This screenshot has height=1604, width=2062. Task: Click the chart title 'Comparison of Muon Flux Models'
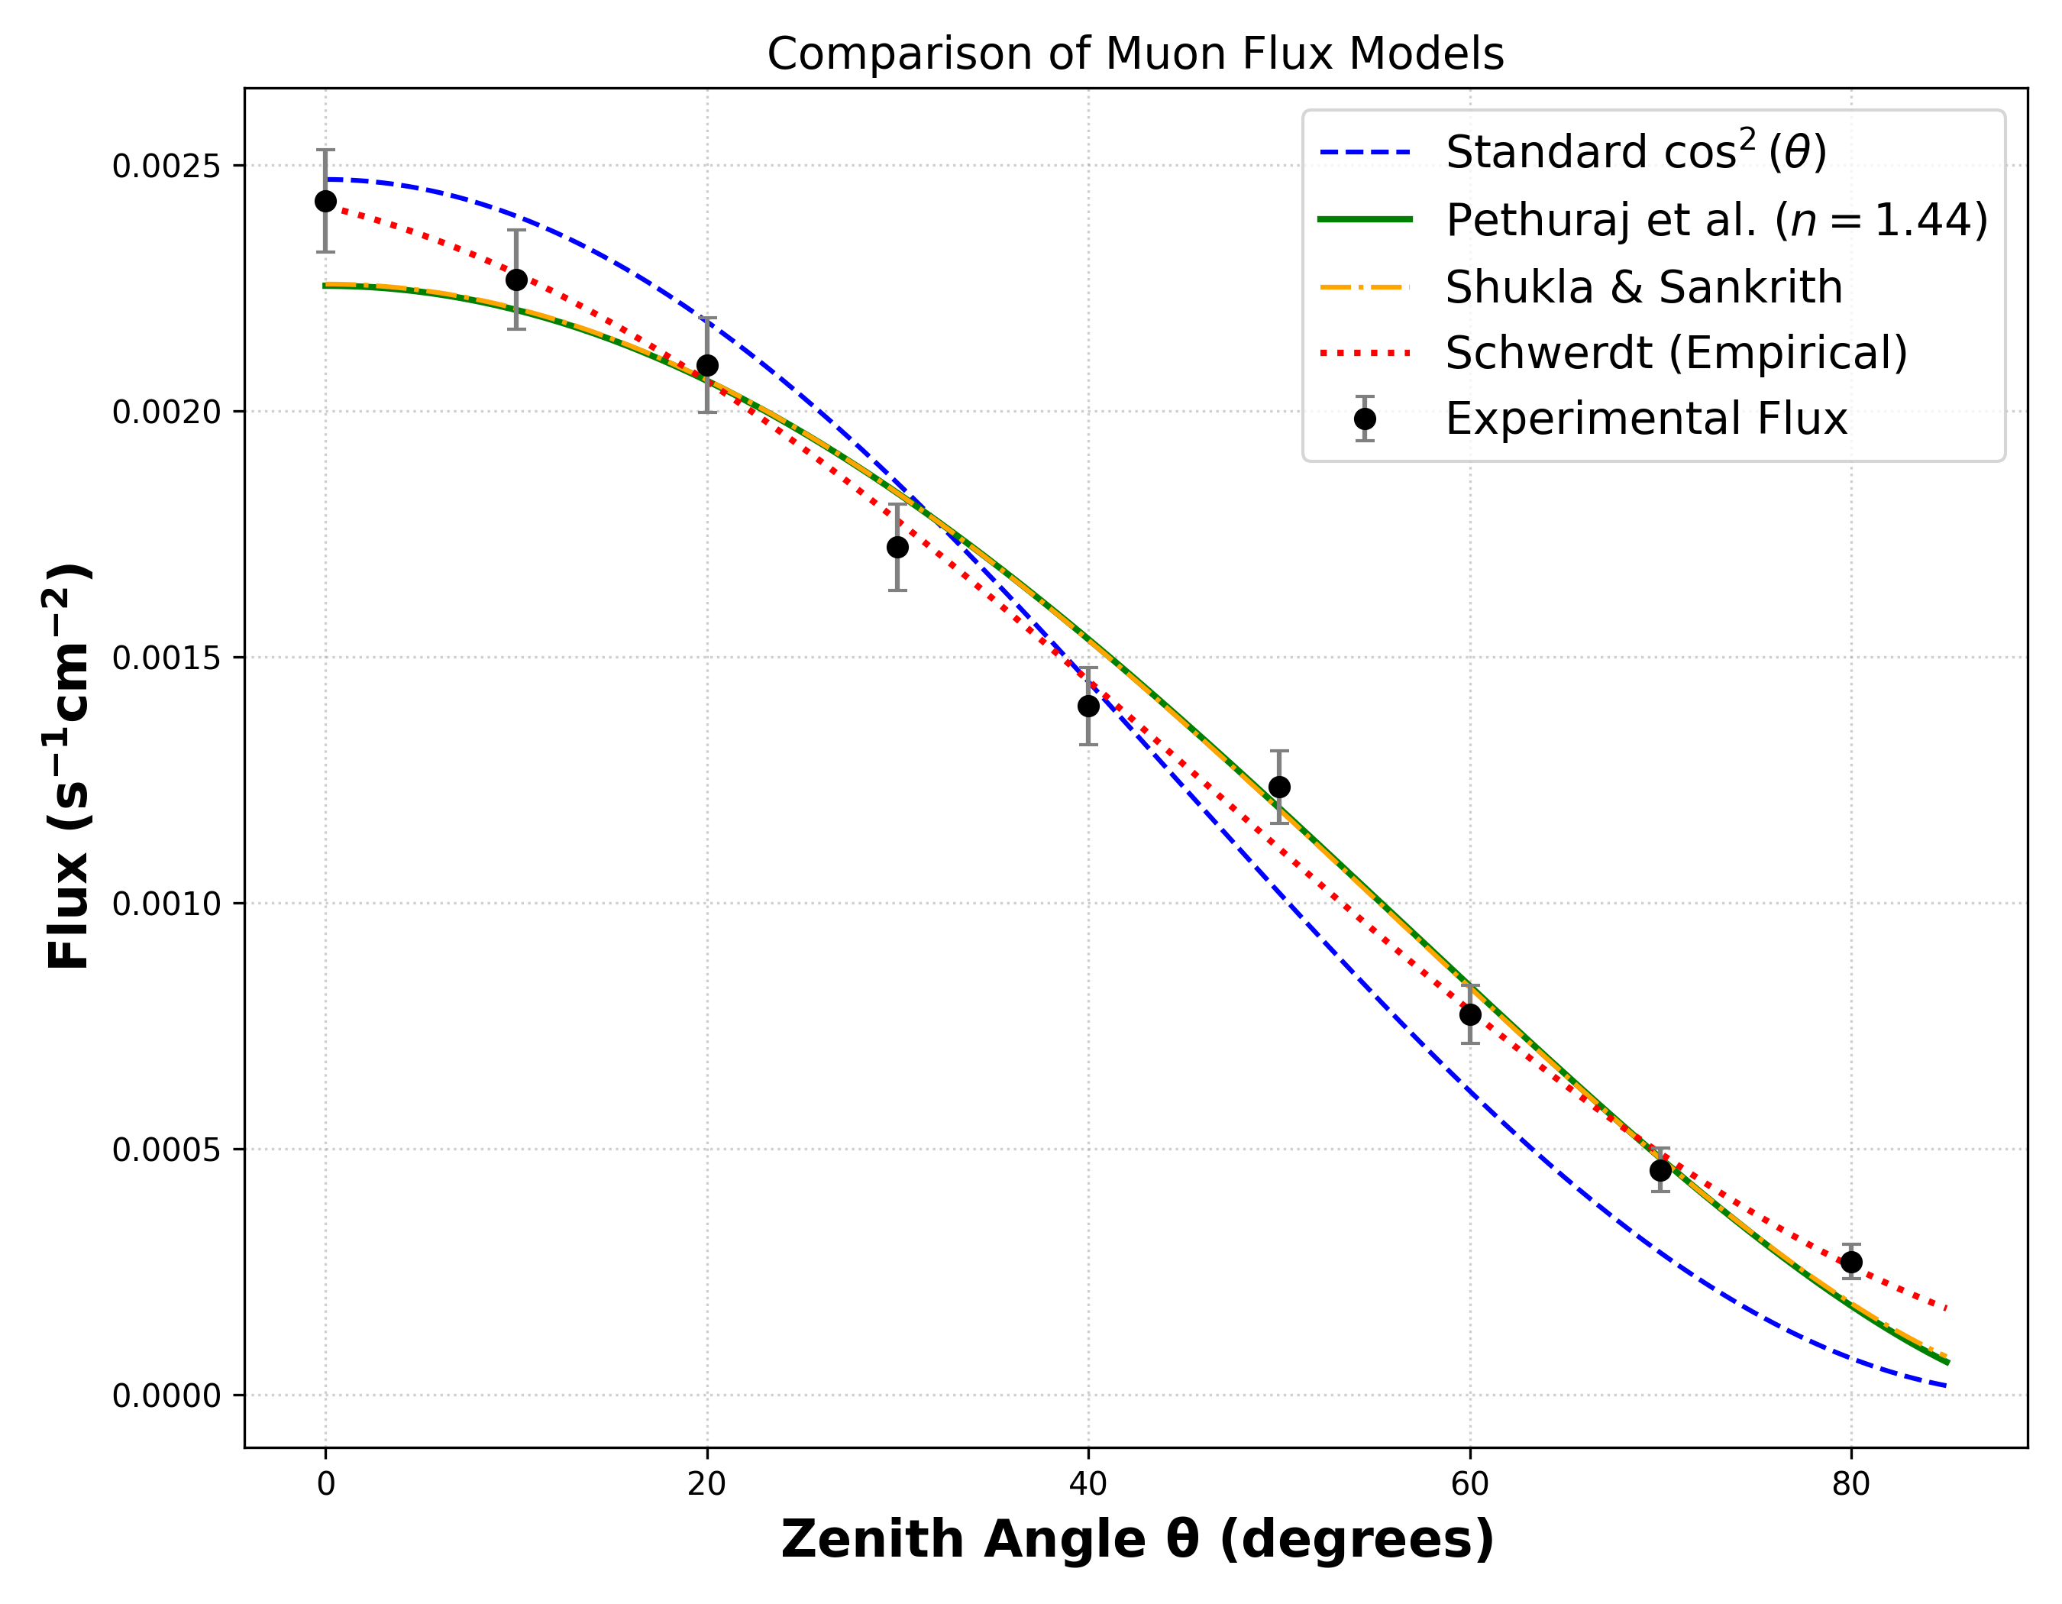[x=1135, y=53]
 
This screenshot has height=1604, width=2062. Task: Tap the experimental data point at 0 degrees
[x=326, y=201]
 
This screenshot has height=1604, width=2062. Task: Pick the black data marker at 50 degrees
[x=1279, y=787]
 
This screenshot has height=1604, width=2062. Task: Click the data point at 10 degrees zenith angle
[x=516, y=280]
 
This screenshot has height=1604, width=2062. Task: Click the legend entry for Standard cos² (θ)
[x=1636, y=152]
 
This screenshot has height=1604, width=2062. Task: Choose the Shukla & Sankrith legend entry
[x=1643, y=287]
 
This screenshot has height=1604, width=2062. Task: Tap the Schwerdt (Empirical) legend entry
[x=1676, y=353]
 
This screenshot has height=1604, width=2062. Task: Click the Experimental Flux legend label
[x=1646, y=419]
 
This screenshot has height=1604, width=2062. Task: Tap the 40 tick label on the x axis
[x=1088, y=1485]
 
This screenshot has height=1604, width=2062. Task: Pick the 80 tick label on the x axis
[x=1851, y=1485]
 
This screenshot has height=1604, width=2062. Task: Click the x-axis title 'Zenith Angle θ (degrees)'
[x=1136, y=1541]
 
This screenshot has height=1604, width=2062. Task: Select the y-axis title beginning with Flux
[x=68, y=767]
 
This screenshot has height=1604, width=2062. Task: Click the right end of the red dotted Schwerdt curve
[x=1945, y=1308]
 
